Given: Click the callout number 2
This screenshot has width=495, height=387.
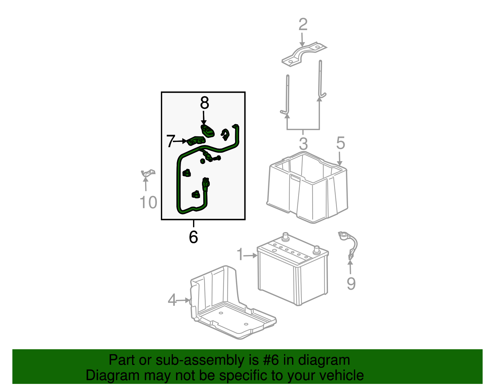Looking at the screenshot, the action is tap(303, 24).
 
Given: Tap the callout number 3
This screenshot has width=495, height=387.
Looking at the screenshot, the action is tap(303, 144).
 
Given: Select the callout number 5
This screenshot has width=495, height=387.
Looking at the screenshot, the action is tap(341, 143).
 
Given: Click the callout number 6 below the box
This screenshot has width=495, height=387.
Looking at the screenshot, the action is tap(193, 237).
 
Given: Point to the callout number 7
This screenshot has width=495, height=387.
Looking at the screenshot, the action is tap(170, 141).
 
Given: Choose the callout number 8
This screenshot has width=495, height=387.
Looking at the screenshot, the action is tap(204, 103).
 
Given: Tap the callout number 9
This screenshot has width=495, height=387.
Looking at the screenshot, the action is tap(351, 284).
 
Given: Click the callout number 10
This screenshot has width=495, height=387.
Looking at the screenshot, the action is tap(148, 202).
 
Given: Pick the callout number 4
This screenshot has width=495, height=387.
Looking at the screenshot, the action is tap(172, 300).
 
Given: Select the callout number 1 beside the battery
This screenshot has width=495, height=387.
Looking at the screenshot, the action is tap(240, 254).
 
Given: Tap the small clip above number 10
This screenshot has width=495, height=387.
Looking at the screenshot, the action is tap(148, 173).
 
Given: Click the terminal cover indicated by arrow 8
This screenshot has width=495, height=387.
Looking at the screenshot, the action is tap(208, 131).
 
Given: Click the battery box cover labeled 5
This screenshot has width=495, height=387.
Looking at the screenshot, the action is tap(307, 187).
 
